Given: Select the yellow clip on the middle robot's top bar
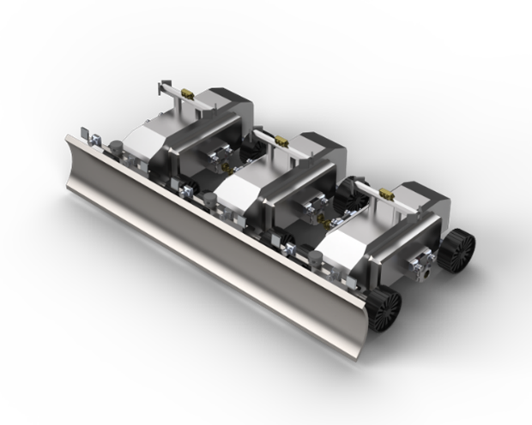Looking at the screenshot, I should coord(279,139).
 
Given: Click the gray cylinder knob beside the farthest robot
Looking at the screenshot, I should coord(113,147).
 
